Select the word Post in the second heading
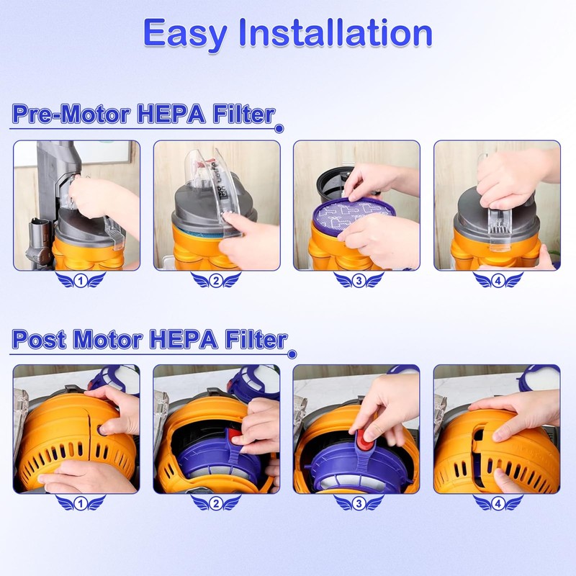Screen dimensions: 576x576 coord(40,339)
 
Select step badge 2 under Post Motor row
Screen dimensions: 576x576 coord(217,504)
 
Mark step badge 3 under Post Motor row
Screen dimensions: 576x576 coord(357,504)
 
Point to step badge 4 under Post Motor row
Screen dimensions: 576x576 coord(498,504)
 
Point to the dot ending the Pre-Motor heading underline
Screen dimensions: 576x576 coord(280,130)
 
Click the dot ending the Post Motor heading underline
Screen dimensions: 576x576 coord(292,354)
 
